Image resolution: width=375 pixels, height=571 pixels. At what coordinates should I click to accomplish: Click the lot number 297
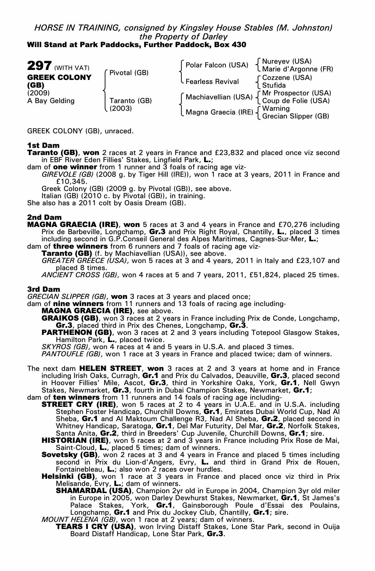coord(39,66)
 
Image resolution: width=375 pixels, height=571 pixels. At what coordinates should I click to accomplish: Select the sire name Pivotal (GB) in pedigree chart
coord(129,73)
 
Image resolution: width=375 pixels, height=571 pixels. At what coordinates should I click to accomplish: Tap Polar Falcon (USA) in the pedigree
coord(217,65)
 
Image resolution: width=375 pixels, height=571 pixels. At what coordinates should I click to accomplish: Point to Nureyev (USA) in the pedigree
coord(287,61)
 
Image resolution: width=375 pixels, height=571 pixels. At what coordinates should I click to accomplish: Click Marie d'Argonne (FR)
coord(297,69)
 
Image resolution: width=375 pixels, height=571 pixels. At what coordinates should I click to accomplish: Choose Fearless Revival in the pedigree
coord(212,82)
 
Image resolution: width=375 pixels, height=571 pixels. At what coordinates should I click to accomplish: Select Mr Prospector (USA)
coord(297,93)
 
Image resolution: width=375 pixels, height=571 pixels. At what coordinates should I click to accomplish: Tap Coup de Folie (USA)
coord(296,101)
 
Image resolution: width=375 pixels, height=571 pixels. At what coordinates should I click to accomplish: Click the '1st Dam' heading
coord(43,145)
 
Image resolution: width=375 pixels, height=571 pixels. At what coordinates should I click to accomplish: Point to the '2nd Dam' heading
coord(44,218)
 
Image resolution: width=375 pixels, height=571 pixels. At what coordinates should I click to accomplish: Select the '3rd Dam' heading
coord(44,289)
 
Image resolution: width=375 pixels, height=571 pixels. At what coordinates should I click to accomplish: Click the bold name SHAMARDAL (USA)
coord(94,491)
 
